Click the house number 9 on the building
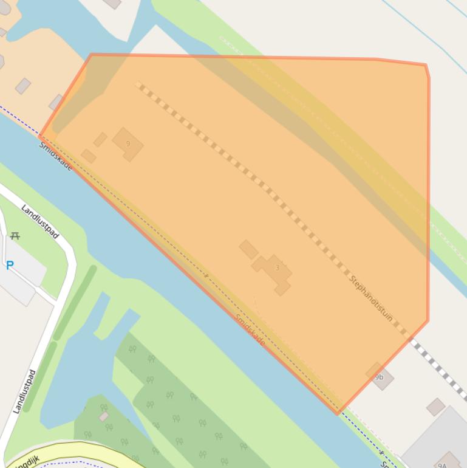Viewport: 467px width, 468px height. coord(128,144)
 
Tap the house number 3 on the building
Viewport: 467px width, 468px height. coord(277,268)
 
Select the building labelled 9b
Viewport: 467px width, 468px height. coord(380,377)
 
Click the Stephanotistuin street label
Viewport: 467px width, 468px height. coord(371,298)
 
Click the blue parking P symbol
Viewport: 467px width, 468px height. coord(10,266)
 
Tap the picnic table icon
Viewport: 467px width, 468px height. coord(15,236)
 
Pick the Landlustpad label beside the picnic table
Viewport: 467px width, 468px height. coord(40,221)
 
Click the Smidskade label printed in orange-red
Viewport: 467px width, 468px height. coord(250,330)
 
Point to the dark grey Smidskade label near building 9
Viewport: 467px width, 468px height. coord(55,156)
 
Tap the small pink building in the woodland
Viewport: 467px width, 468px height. coord(104,416)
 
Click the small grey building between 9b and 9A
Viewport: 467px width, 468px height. coord(435,407)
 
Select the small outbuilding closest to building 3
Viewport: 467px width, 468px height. coord(248,249)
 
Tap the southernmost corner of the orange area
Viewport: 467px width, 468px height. coord(338,413)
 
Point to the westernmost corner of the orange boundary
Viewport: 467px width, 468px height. coord(40,137)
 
